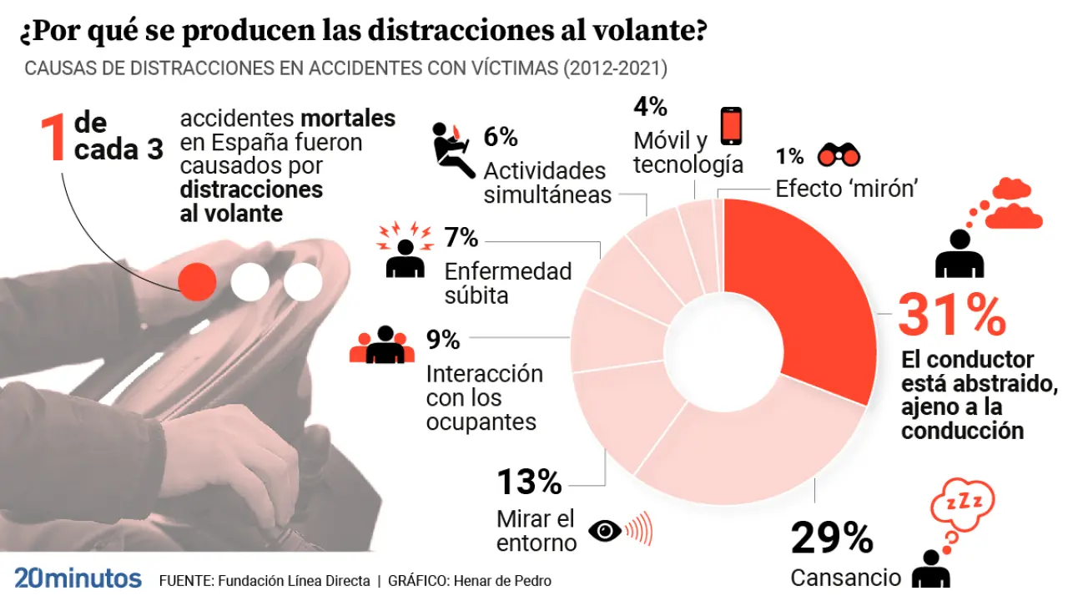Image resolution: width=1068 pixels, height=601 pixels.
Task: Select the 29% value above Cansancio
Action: (x=831, y=538)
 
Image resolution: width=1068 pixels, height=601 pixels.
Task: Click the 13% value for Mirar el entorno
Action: (x=529, y=482)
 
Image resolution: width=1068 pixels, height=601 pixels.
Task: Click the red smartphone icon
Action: (x=731, y=127)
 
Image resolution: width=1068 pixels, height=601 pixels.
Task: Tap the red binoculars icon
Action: (x=839, y=155)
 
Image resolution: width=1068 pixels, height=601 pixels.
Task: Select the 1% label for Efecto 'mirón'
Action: (x=789, y=156)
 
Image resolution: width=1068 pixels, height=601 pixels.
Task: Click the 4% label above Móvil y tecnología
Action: (x=650, y=107)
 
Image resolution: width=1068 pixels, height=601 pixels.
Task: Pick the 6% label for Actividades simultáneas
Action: (x=501, y=136)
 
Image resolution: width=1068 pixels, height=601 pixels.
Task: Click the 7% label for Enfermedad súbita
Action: (x=461, y=239)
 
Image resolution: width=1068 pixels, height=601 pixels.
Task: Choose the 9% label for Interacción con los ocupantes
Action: (x=443, y=340)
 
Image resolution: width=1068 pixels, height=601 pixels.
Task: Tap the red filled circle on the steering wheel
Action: (x=199, y=281)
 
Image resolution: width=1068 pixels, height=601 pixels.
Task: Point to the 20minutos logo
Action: (x=77, y=578)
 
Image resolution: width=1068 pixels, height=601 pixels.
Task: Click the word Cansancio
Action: (x=845, y=578)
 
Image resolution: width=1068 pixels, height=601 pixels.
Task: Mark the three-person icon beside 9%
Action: (x=383, y=345)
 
